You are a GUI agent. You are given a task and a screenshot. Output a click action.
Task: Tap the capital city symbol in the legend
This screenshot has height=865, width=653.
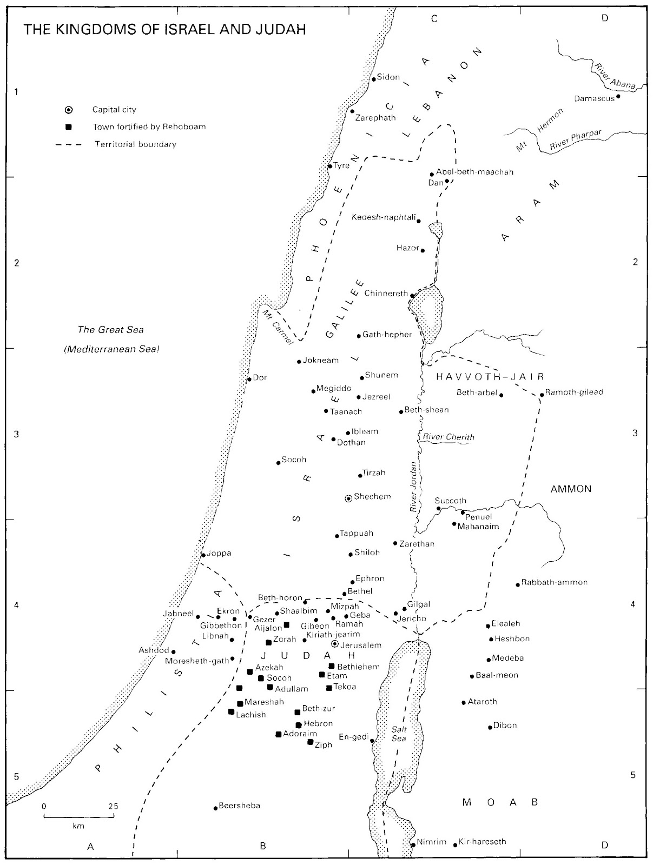point(68,110)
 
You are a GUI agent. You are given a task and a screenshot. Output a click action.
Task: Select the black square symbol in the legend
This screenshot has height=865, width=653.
point(68,128)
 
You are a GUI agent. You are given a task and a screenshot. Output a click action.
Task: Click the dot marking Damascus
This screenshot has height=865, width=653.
point(618,97)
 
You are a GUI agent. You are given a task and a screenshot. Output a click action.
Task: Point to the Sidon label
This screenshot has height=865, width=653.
point(388,77)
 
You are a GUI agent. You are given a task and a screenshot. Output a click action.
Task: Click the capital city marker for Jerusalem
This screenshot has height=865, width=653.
point(335,644)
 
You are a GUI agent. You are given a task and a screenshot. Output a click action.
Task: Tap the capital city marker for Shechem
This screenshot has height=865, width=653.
point(349,498)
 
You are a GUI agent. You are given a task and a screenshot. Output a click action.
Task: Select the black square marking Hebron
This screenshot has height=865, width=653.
point(298,725)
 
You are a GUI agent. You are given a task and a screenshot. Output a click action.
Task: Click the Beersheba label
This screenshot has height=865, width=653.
point(239,806)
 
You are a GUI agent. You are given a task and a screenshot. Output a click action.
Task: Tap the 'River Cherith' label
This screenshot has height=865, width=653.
point(448,437)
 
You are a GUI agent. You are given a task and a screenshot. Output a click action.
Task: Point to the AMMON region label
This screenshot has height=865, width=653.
point(571,489)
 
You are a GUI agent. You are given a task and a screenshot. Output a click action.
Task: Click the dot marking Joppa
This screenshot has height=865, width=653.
point(203,555)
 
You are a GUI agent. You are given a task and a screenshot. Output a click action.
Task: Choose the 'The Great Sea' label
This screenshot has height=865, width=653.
point(110,329)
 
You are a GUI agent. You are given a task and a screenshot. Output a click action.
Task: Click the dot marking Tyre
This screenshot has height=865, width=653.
point(329,167)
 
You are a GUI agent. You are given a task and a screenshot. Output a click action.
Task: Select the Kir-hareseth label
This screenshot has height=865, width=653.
point(482,842)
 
